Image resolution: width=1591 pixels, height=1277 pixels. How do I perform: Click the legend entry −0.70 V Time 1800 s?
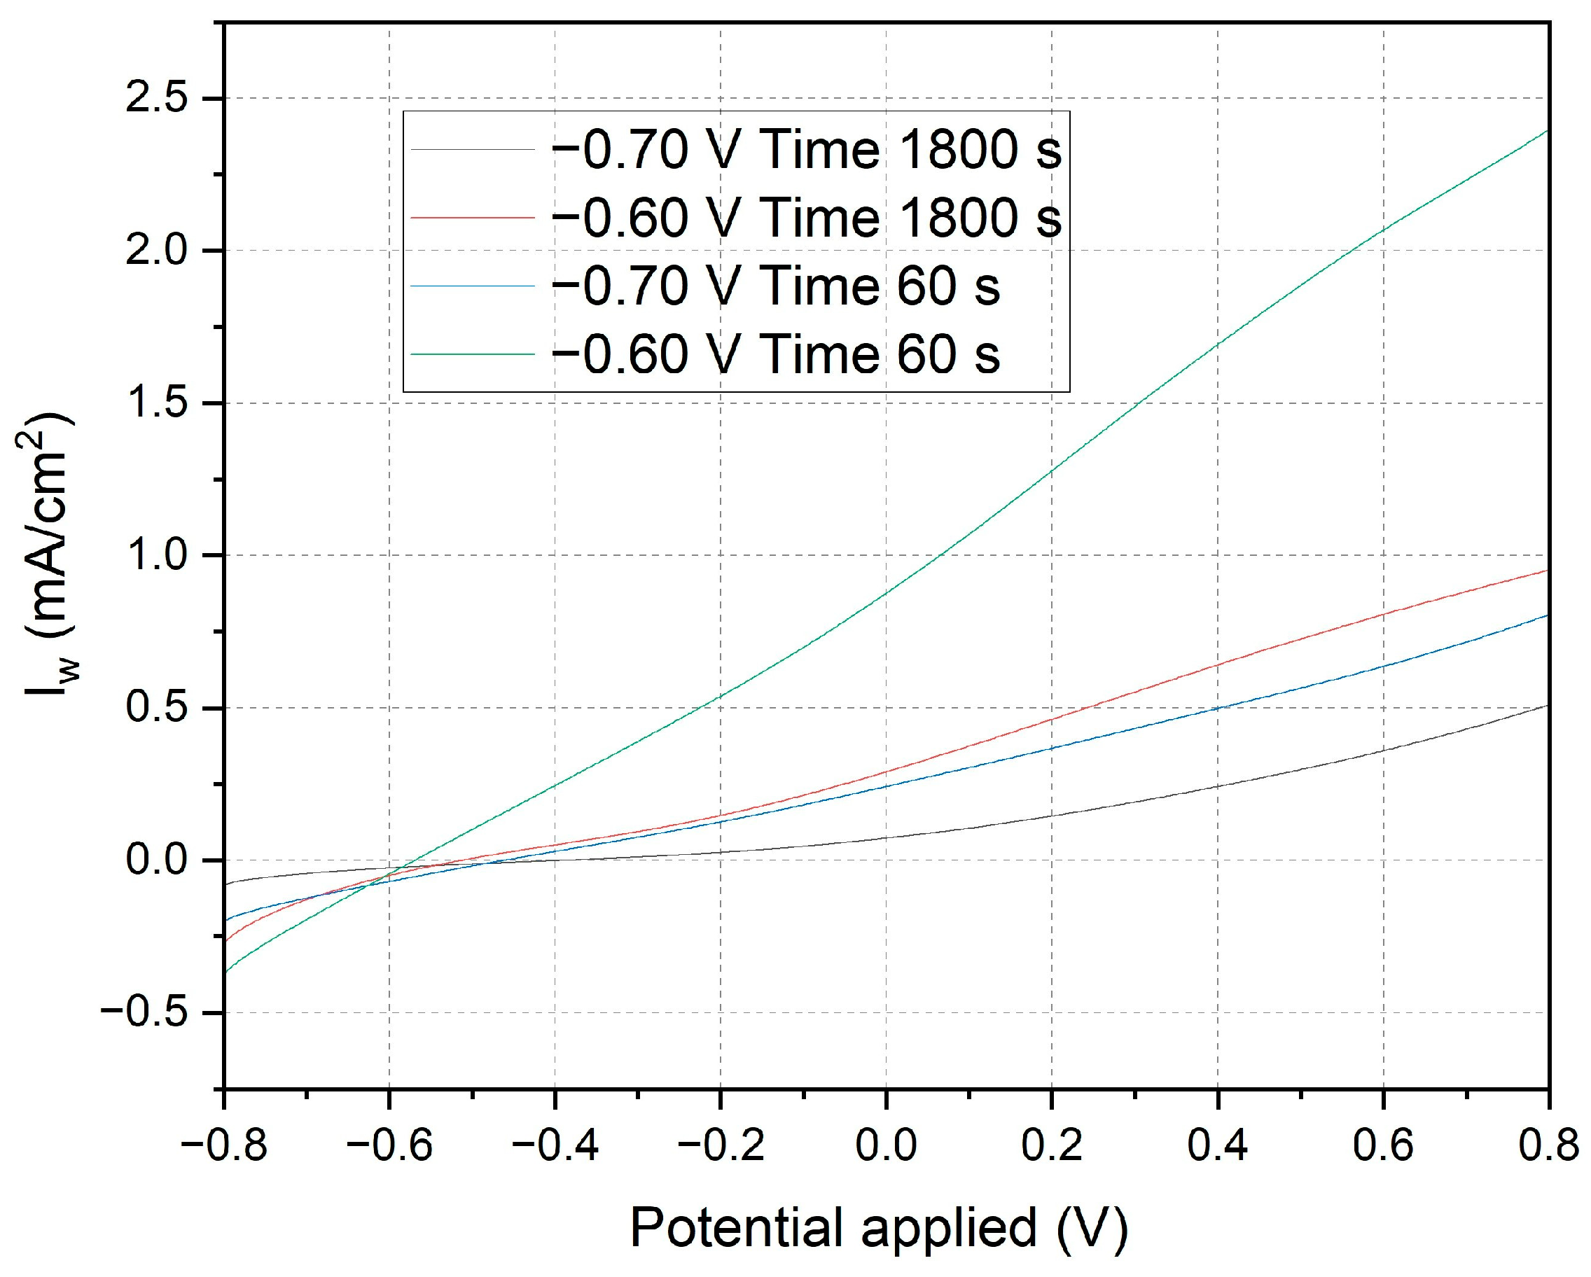[x=807, y=151]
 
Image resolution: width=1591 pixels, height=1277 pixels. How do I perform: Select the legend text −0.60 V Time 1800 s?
[x=807, y=218]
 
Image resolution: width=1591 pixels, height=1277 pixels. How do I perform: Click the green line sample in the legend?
[x=472, y=354]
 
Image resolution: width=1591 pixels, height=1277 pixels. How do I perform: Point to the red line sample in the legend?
[x=472, y=218]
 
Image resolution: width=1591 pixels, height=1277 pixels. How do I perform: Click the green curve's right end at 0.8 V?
[x=1546, y=132]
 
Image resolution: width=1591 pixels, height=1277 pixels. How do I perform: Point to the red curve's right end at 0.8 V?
[x=1546, y=571]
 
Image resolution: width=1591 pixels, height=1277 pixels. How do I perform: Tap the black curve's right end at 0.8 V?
[x=1546, y=706]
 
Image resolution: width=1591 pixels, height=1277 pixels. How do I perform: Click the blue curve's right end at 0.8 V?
[x=1546, y=615]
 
